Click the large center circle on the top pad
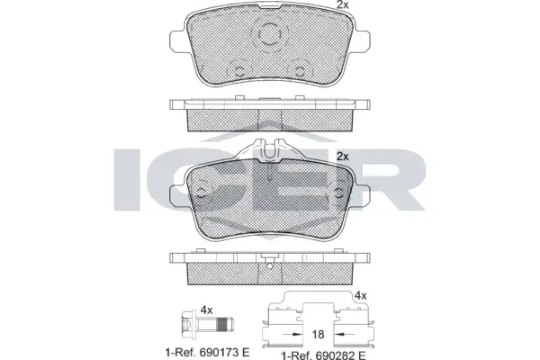(x=269, y=34)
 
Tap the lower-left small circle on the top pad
(x=239, y=71)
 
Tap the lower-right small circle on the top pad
(x=300, y=71)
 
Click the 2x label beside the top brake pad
(x=342, y=4)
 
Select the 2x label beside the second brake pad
(x=342, y=157)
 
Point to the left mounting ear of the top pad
(x=178, y=42)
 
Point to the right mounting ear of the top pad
(x=361, y=42)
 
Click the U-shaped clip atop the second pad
(x=270, y=150)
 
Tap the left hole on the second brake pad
(x=202, y=193)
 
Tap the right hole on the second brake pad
(x=339, y=193)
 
